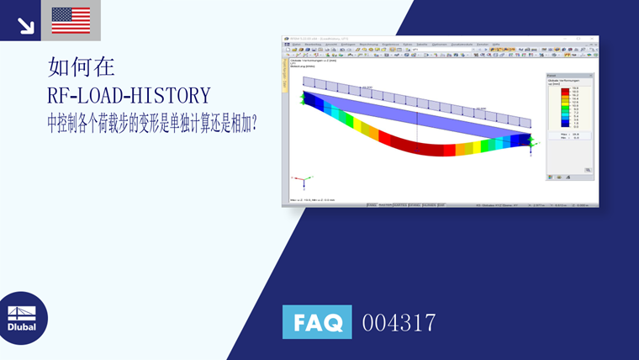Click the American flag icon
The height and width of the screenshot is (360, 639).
pyautogui.click(x=71, y=20)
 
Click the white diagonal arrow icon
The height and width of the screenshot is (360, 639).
pyautogui.click(x=25, y=26)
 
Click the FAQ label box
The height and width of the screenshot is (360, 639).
pyautogui.click(x=317, y=322)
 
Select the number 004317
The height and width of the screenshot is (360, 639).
pyautogui.click(x=399, y=322)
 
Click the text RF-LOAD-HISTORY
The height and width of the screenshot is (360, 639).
pyautogui.click(x=129, y=94)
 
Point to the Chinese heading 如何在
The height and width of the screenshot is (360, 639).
pyautogui.click(x=82, y=67)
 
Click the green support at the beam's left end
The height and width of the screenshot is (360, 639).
pyautogui.click(x=300, y=98)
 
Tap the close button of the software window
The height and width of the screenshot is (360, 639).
pyautogui.click(x=595, y=39)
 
